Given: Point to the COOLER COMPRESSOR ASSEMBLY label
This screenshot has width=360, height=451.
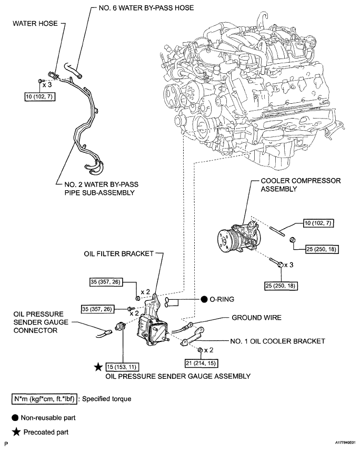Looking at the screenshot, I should [x=301, y=184].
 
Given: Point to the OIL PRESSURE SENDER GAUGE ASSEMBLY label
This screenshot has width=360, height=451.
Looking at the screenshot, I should [x=178, y=376].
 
